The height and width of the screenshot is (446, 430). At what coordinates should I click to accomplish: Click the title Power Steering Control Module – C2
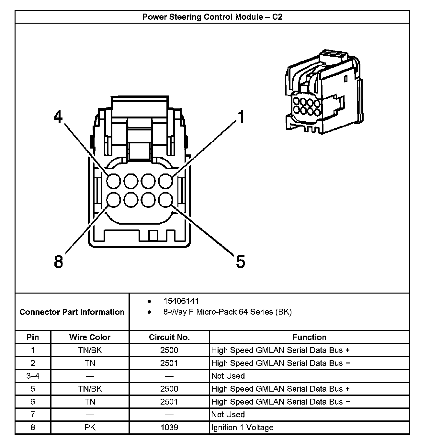212,17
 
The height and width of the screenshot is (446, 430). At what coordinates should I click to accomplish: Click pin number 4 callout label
58,117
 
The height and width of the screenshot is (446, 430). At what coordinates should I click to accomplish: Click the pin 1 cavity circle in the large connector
165,181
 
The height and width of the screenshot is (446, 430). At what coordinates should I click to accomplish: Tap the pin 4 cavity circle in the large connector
114,181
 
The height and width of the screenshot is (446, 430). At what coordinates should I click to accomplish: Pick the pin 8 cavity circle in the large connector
114,200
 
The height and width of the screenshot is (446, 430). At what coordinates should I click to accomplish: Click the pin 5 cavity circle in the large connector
165,200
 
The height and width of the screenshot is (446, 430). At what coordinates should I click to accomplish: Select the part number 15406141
181,301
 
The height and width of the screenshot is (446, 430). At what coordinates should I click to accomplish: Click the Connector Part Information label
72,312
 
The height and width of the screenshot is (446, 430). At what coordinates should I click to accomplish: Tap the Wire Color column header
90,337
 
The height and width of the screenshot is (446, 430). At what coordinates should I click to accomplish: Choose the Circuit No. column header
169,337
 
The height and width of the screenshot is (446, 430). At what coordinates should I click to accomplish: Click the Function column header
309,337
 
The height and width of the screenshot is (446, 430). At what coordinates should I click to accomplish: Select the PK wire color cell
90,428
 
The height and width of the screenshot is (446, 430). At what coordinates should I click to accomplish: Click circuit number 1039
169,428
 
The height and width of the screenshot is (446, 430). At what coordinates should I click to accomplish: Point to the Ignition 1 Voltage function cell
242,428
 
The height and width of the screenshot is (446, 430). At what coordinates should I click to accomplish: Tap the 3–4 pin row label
33,376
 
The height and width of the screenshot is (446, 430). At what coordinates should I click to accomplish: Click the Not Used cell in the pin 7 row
228,415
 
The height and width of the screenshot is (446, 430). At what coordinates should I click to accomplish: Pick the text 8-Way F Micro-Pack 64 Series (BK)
227,312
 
